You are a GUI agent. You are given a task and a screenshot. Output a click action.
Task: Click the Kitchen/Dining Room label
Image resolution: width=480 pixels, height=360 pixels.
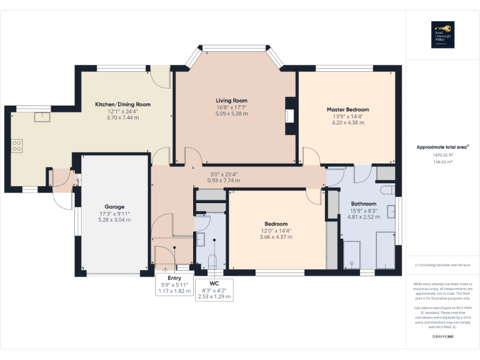click(122, 104)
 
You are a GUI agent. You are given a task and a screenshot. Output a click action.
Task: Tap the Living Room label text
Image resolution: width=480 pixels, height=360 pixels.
click(231, 101)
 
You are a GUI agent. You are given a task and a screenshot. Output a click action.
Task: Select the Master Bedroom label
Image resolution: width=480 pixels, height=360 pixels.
click(347, 109)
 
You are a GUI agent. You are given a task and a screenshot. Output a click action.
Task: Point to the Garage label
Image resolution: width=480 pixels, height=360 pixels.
click(114, 207)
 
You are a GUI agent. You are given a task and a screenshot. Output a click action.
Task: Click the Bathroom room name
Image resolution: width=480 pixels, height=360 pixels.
click(363, 204)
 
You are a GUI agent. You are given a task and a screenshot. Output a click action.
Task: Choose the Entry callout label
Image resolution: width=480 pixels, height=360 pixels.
click(174, 277)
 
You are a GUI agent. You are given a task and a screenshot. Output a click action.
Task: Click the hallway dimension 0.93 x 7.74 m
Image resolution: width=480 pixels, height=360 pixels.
click(226, 181)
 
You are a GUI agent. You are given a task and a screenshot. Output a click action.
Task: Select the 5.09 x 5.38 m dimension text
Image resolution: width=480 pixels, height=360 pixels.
click(231, 114)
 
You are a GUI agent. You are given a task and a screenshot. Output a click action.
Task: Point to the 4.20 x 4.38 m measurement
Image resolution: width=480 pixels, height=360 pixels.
click(347, 122)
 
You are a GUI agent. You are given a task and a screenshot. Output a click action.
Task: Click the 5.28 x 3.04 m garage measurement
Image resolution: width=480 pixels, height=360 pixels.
click(114, 220)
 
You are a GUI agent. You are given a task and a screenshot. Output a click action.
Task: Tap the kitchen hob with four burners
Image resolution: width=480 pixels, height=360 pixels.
click(17, 147)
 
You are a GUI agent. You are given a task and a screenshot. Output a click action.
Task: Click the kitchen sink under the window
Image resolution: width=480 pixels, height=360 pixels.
click(41, 116)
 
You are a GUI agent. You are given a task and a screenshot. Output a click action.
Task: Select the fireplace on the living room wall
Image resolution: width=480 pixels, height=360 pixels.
click(288, 116)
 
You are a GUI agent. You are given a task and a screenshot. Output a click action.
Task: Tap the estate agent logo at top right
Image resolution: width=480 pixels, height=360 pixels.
click(442, 34)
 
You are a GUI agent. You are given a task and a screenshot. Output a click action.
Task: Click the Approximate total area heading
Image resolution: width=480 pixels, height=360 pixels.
click(442, 147)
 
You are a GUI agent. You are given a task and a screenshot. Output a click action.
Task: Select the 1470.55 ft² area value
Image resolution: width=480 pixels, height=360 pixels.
click(442, 154)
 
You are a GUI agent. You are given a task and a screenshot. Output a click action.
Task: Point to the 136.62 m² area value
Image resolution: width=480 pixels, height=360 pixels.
click(442, 161)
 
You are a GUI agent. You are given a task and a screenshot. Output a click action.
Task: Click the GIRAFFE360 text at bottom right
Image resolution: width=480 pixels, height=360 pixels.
click(442, 337)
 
